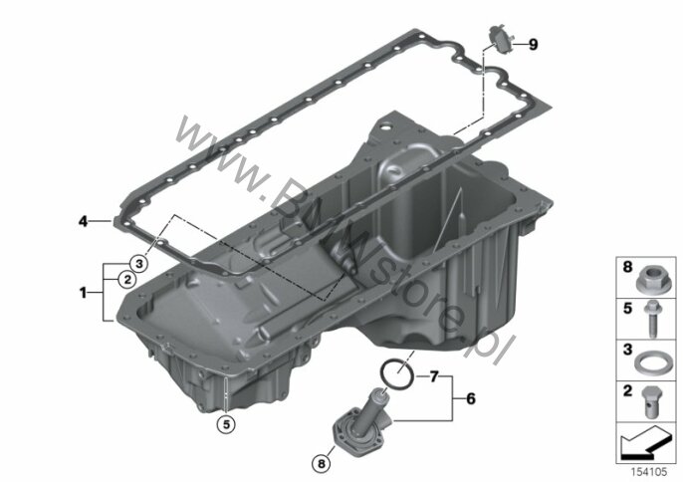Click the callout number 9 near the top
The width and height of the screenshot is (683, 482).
pyautogui.click(x=533, y=45)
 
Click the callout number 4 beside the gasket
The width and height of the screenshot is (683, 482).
pyautogui.click(x=83, y=221)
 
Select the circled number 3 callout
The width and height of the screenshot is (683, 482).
pyautogui.click(x=139, y=264)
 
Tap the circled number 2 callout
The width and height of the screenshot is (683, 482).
pyautogui.click(x=127, y=279)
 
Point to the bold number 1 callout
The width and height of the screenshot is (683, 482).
pyautogui.click(x=83, y=293)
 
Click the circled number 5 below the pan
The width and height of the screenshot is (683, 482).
pyautogui.click(x=226, y=423)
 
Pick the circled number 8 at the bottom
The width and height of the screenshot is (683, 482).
pyautogui.click(x=322, y=464)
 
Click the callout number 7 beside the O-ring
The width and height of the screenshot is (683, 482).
pyautogui.click(x=433, y=376)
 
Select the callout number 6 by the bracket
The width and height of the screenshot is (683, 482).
pyautogui.click(x=471, y=398)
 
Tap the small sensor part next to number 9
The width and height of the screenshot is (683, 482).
pyautogui.click(x=501, y=40)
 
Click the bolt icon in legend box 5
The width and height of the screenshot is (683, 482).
pyautogui.click(x=653, y=320)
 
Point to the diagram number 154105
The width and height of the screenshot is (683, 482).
pyautogui.click(x=649, y=472)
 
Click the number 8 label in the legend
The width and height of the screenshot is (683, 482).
pyautogui.click(x=627, y=267)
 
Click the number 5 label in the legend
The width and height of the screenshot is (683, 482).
pyautogui.click(x=627, y=309)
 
